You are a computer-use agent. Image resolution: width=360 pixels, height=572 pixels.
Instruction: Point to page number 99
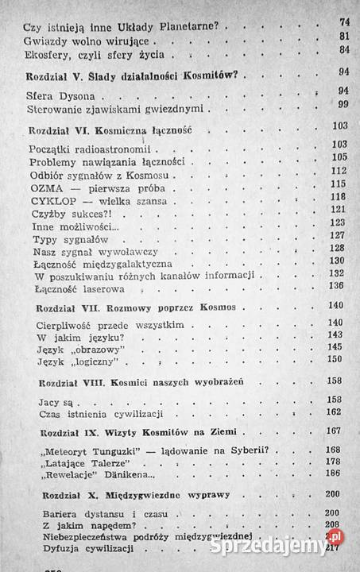click(343, 105)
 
